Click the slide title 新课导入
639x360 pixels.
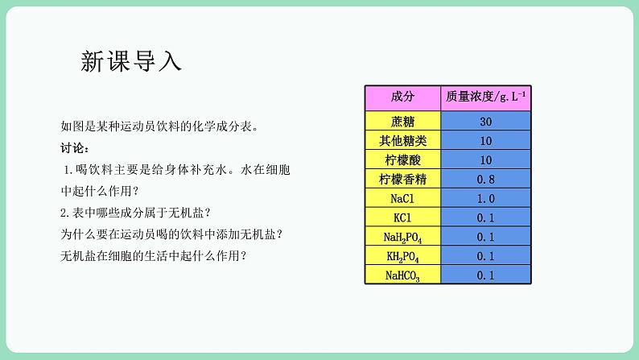132,61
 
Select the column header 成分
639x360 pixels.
402,97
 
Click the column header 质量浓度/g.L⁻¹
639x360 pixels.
486,97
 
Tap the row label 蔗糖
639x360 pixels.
402,122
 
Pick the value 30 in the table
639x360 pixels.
486,122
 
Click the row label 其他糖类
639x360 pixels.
402,141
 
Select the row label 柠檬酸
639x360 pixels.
402,159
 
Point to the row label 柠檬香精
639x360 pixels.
402,179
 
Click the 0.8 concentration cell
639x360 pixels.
486,179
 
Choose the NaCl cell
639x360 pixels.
402,198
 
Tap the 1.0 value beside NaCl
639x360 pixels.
486,198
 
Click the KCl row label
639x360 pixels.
402,217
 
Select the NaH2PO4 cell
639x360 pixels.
402,237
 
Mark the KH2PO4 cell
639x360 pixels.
402,256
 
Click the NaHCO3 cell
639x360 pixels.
402,275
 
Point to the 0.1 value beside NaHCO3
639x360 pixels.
486,275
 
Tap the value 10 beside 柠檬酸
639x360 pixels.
486,159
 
